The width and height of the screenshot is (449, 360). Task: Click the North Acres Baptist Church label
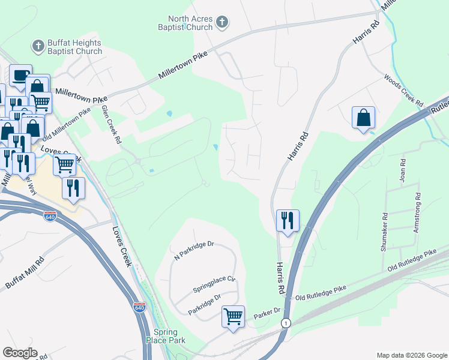(x=190, y=23)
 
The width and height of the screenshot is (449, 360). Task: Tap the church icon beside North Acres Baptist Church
(x=222, y=23)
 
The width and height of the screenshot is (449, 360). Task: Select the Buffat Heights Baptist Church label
(x=76, y=47)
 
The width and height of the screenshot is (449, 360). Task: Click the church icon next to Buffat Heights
(x=38, y=46)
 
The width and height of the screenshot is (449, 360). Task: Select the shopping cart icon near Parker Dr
(x=233, y=316)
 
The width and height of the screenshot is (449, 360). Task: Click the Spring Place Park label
(x=161, y=336)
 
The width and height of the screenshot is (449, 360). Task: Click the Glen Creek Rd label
(x=112, y=124)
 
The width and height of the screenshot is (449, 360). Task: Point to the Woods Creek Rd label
(x=404, y=91)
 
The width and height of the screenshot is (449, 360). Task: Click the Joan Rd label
(x=403, y=170)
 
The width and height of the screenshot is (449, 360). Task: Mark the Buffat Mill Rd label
(x=25, y=273)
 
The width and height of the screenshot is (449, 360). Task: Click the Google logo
(x=19, y=353)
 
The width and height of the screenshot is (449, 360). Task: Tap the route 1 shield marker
(x=286, y=323)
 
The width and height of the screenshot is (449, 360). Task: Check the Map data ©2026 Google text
(x=411, y=355)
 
